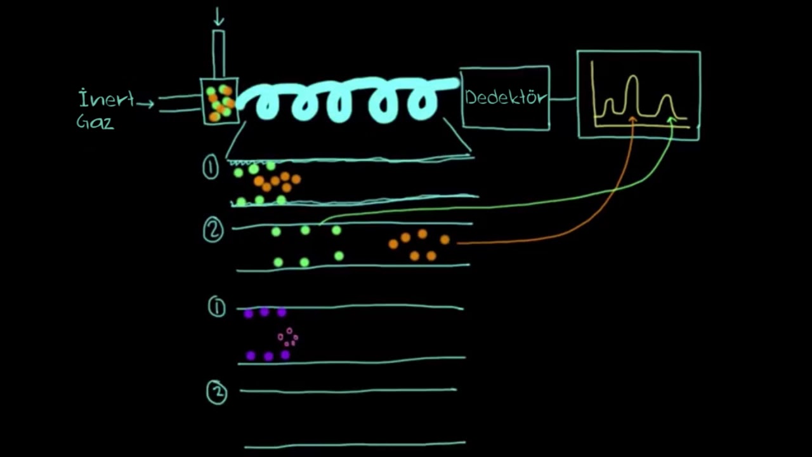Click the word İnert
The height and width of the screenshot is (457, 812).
point(106,98)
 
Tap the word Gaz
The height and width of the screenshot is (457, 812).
point(95,122)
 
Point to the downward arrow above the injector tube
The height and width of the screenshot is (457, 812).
point(218,17)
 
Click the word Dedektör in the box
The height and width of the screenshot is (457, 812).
point(506,97)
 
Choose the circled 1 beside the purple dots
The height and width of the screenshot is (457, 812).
point(217,307)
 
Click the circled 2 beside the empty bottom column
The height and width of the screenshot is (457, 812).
point(217,392)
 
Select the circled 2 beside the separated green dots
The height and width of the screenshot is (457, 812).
point(213,230)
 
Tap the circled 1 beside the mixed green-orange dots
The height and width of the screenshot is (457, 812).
point(211,167)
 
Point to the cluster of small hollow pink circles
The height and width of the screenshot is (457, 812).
point(288,337)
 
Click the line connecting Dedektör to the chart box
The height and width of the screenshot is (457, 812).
point(563,98)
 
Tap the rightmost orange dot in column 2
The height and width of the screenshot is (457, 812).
point(445,239)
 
